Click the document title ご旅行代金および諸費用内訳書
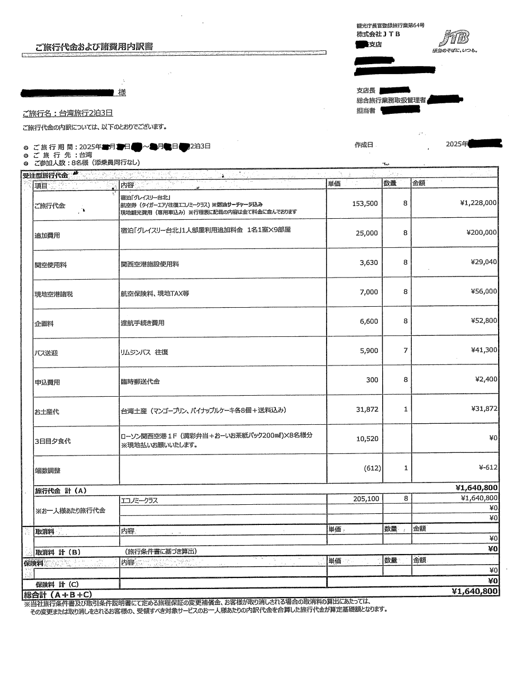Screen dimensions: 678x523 [94, 47]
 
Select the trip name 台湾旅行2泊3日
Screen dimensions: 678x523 [67, 113]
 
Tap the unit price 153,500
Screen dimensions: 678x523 [365, 203]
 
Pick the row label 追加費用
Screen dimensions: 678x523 [47, 235]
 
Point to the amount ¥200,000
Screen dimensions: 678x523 [481, 233]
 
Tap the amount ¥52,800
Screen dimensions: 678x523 [484, 320]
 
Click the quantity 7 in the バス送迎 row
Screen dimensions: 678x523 [405, 350]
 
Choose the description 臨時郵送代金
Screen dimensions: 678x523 [140, 381]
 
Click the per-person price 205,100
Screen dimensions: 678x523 [366, 498]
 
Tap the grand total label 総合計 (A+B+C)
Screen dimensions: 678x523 [58, 595]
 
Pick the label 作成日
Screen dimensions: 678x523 [364, 145]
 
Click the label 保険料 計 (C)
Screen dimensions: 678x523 [57, 584]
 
